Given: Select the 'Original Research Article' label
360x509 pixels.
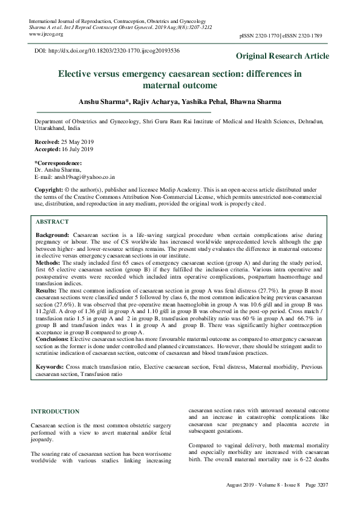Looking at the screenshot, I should pos(283,56).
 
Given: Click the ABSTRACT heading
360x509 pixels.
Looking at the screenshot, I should pos(52,221).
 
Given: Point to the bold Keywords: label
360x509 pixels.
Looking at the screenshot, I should pos(50,366).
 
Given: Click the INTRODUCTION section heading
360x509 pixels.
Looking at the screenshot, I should pos(55,411).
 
